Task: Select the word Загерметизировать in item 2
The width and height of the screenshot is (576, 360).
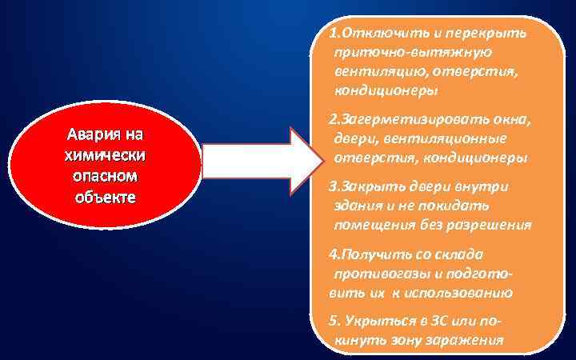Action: pos(404,121)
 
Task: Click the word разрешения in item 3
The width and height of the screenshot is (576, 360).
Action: pos(488,224)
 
